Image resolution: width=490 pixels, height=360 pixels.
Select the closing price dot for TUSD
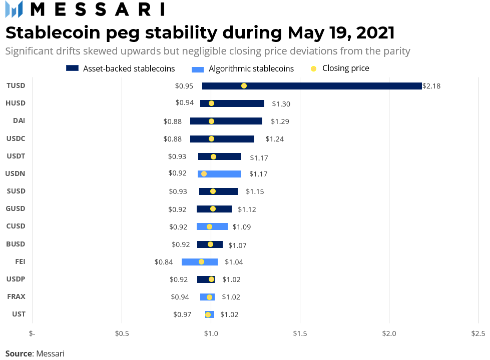[x=244, y=85]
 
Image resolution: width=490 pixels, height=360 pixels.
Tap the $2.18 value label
[x=431, y=86]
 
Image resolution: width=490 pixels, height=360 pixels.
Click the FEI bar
[x=200, y=261]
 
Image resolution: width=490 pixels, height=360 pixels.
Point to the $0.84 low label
[x=163, y=261]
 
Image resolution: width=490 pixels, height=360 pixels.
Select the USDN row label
[x=16, y=173]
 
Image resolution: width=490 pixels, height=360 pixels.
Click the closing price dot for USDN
[x=204, y=174]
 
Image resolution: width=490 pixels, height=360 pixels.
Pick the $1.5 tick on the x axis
[x=300, y=333]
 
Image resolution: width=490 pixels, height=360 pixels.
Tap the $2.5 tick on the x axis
[x=478, y=333]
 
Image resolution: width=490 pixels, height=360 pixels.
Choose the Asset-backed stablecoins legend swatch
[x=72, y=68]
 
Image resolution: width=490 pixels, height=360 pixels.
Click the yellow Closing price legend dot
[x=314, y=68]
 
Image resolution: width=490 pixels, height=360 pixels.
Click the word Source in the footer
[x=19, y=353]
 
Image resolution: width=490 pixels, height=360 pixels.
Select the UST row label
[x=19, y=314]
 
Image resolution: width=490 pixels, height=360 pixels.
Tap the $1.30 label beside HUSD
[x=281, y=104]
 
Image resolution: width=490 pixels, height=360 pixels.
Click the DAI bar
[x=226, y=121]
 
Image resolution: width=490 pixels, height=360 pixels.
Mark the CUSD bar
[x=212, y=226]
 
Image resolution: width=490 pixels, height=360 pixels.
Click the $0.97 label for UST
[x=182, y=314]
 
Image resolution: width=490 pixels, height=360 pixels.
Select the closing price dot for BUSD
[x=210, y=244]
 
